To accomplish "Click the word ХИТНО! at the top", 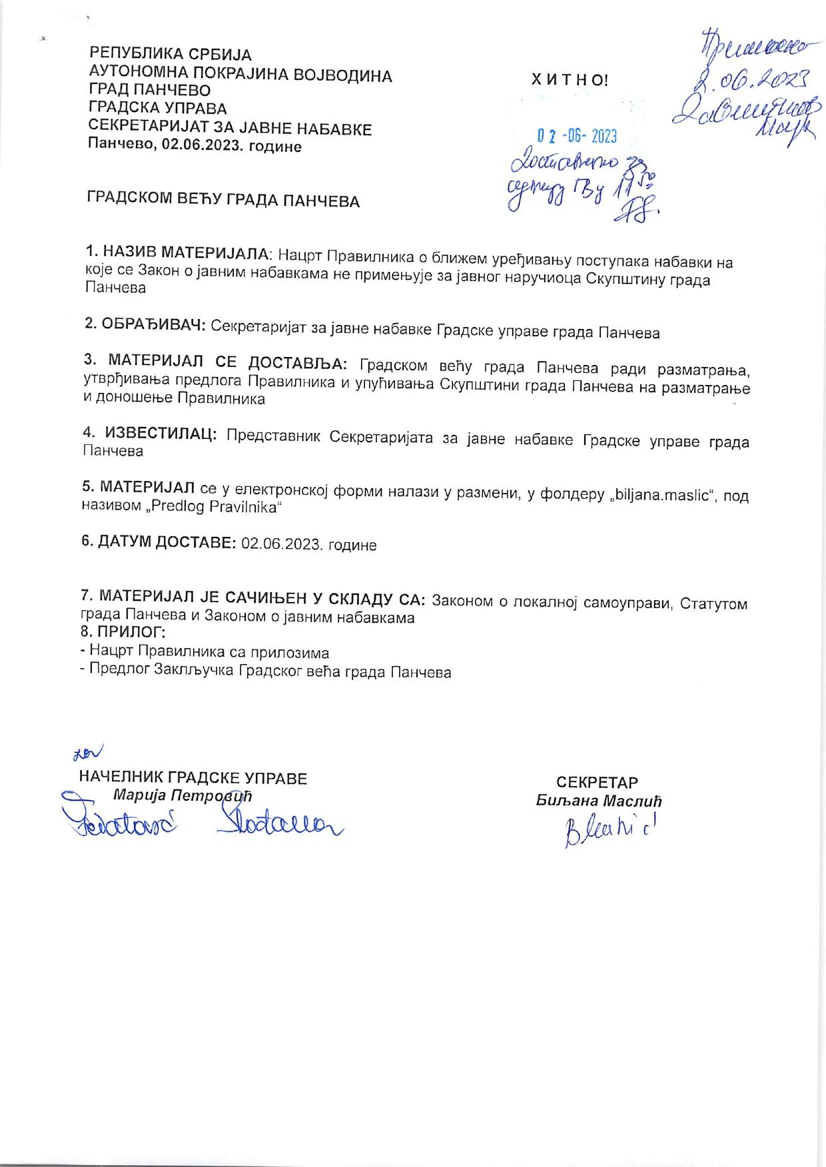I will [570, 81].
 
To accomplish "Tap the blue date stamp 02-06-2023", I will [578, 136].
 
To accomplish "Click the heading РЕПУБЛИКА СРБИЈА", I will [171, 54].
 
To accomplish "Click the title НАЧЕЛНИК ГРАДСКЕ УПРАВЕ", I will [193, 778].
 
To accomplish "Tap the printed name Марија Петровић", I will [183, 795].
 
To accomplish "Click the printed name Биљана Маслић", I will [599, 801].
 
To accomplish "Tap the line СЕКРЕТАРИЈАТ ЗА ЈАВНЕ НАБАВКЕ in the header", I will [230, 129].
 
